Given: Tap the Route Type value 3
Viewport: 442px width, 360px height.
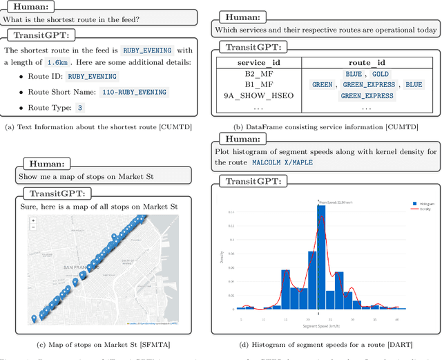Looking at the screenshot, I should click(x=79, y=108).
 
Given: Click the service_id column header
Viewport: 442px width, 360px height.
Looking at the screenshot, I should click(x=257, y=63).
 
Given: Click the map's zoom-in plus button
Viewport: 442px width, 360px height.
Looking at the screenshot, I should click(x=33, y=221).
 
